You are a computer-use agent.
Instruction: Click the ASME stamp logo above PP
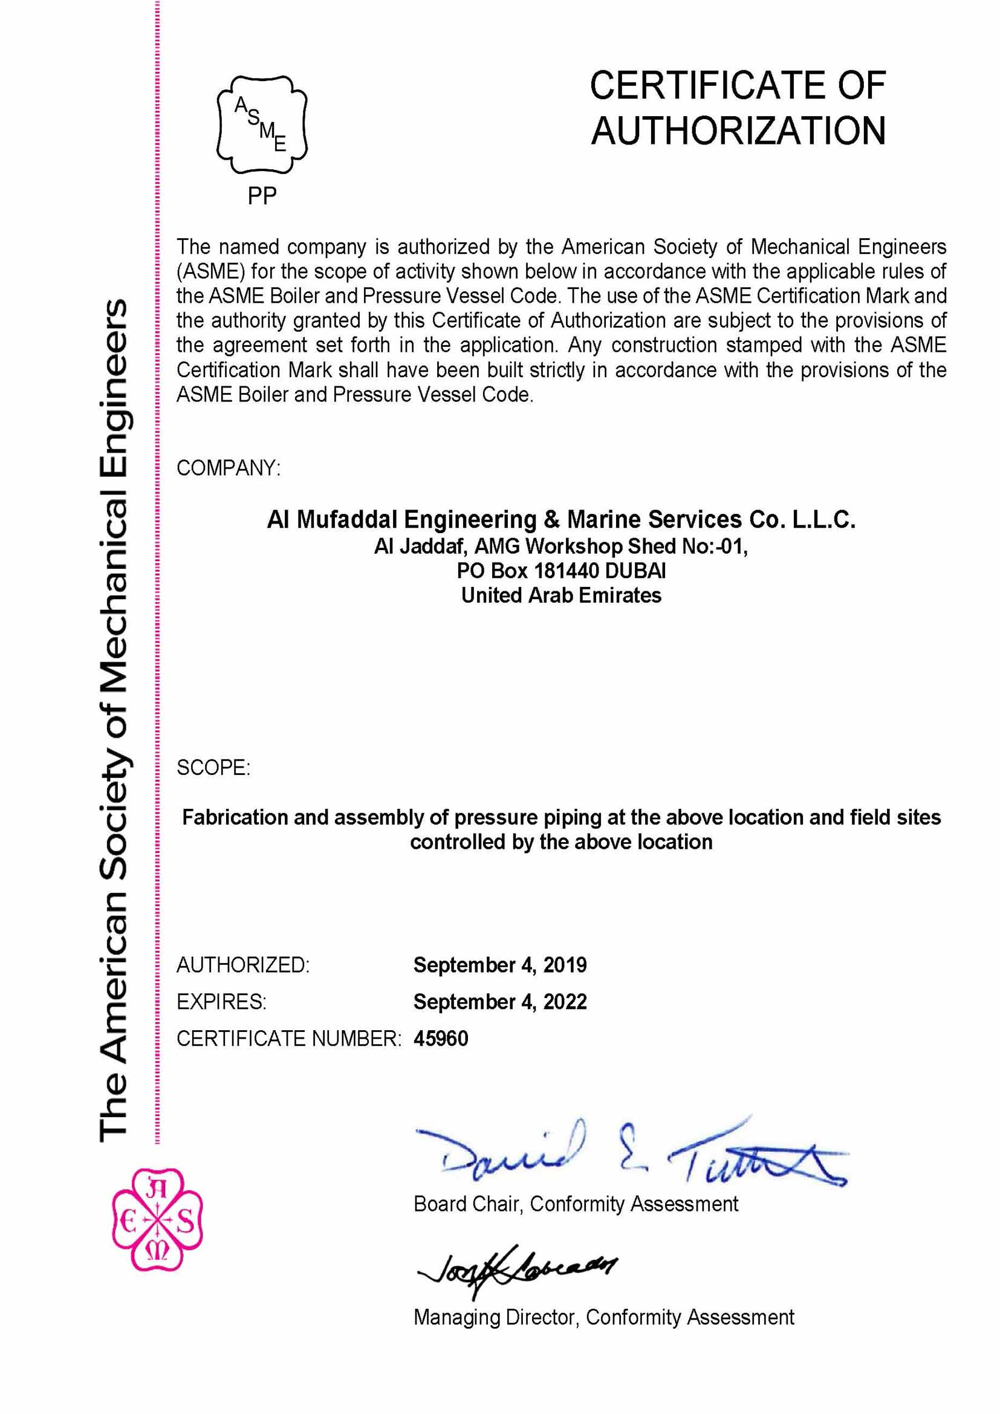click(x=262, y=125)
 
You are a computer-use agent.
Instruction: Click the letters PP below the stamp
click(x=262, y=196)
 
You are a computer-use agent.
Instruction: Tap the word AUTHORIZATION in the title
click(x=738, y=131)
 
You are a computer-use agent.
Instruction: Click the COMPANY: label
click(x=229, y=468)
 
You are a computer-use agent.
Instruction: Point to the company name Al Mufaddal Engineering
click(x=401, y=520)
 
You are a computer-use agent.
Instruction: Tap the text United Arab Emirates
click(x=561, y=595)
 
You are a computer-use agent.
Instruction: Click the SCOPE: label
click(x=213, y=767)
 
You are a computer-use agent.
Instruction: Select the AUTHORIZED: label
click(x=242, y=965)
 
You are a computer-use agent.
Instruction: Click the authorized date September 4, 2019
click(x=499, y=965)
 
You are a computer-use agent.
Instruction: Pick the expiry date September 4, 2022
click(x=499, y=1002)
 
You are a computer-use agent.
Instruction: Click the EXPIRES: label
click(x=221, y=1002)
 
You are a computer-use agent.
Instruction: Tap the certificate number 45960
click(x=441, y=1039)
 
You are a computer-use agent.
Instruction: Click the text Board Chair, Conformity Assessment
click(x=575, y=1204)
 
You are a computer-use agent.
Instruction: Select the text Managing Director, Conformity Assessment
click(x=603, y=1317)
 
